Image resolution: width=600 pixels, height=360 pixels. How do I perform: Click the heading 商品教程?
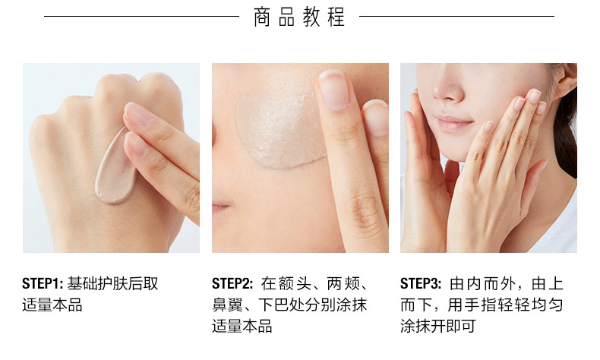point(298,17)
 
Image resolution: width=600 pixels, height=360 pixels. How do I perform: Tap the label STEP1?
point(43,284)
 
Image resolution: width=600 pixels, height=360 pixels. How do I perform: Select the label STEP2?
point(232,284)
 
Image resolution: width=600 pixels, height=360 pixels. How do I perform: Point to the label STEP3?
point(421,284)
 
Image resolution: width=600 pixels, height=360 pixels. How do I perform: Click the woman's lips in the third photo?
point(454,124)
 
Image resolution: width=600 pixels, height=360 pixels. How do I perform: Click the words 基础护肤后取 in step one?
point(113,284)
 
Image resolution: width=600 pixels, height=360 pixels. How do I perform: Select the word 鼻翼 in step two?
point(228,305)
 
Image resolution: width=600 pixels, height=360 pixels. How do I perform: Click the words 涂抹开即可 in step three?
point(437,327)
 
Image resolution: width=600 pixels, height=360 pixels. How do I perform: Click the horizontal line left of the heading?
point(141,17)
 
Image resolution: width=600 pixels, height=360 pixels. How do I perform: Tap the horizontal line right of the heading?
point(457,17)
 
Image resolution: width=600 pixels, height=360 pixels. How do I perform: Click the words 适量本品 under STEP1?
point(52,305)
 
